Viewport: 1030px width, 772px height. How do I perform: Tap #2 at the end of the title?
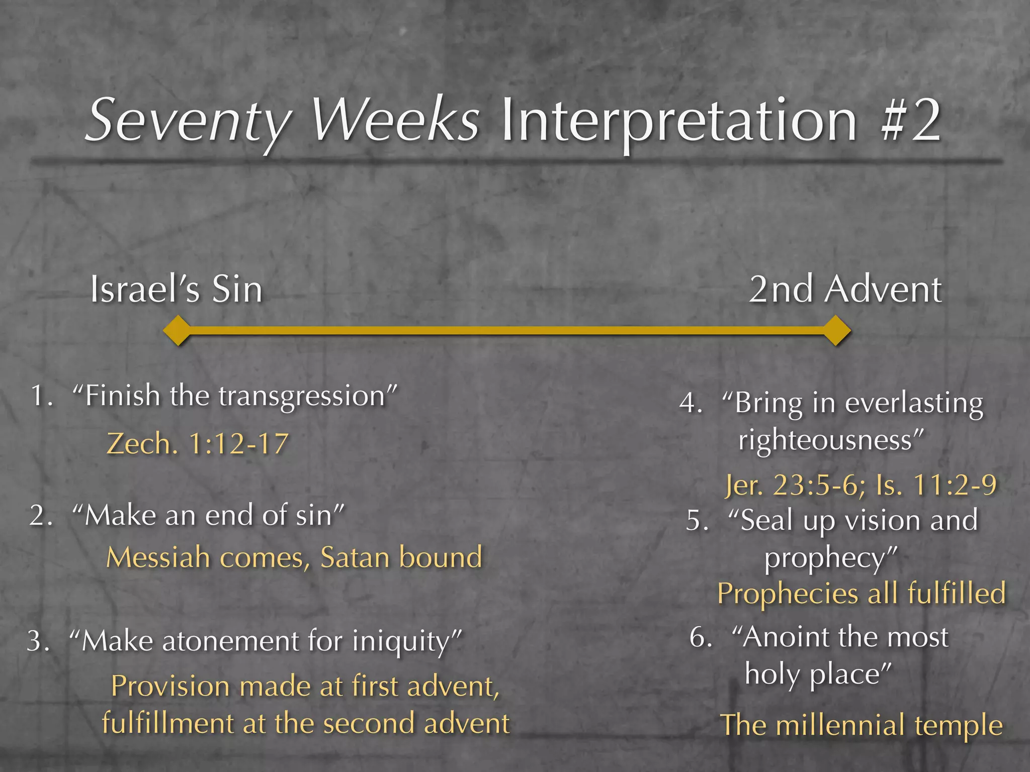coord(910,121)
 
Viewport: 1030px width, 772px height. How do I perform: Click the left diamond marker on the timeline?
coord(178,330)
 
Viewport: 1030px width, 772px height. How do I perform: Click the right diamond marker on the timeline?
coord(836,330)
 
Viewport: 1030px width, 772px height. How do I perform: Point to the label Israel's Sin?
coord(176,290)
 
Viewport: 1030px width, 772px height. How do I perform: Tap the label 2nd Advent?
coord(845,290)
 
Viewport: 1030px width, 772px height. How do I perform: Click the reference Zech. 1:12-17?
coord(198,444)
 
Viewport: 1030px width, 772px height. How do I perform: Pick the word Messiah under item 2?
coord(158,557)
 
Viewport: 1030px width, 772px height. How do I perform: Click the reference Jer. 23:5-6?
coord(795,486)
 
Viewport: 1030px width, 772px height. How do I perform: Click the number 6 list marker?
coord(700,637)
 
